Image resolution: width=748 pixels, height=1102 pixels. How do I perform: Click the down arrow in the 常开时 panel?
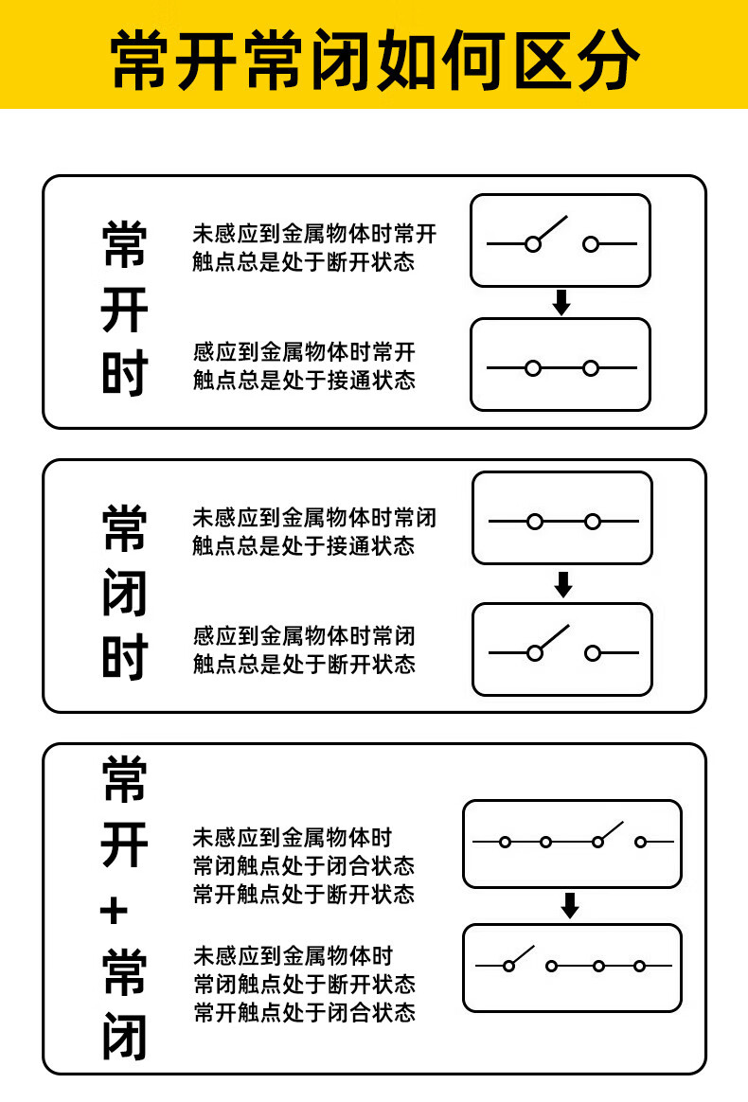[561, 303]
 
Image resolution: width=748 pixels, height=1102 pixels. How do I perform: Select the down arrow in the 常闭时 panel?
[563, 585]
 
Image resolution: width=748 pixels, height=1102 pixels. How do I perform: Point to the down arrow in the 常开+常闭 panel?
[570, 906]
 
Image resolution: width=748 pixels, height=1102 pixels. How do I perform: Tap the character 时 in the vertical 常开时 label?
[124, 375]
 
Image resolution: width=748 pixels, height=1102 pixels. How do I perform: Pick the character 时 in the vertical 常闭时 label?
[124, 658]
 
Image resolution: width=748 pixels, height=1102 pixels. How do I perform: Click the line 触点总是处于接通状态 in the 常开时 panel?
[304, 380]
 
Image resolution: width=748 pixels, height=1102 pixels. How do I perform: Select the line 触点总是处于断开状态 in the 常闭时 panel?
[304, 664]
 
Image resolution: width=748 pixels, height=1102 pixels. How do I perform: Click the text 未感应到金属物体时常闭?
[314, 518]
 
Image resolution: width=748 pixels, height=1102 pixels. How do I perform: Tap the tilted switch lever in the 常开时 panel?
[551, 228]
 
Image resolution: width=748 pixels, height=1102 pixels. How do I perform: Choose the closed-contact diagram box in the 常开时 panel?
[561, 365]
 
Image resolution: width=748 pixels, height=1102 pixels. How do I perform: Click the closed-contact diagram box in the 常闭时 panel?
[562, 518]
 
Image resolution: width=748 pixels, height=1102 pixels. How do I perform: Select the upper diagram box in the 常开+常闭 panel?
[572, 844]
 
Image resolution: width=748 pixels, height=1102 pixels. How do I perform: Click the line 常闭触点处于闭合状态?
[304, 865]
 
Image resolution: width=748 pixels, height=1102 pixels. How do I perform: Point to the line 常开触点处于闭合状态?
[304, 1012]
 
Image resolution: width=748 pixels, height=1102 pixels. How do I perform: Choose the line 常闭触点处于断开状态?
[304, 984]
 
